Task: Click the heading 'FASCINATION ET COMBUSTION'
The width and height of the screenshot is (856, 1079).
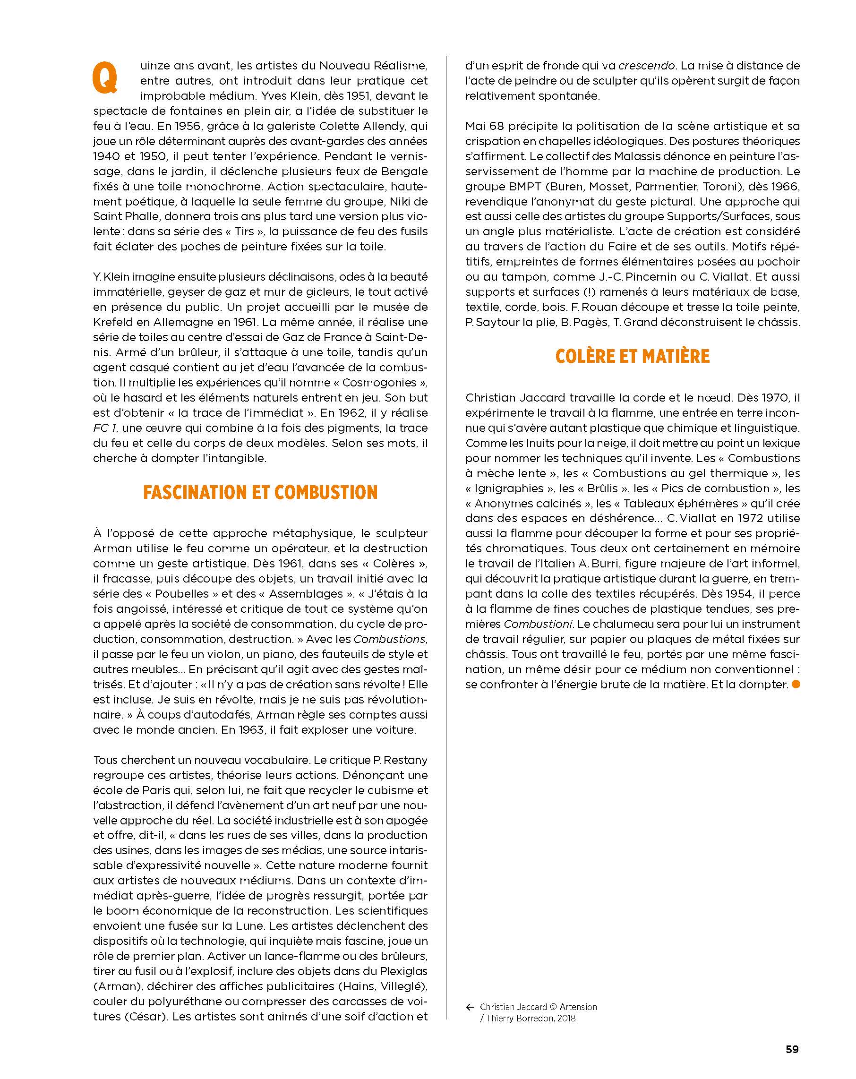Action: [x=260, y=492]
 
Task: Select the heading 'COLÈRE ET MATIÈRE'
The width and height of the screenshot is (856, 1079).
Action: [x=632, y=356]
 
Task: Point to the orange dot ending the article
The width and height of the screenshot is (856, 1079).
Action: [x=796, y=685]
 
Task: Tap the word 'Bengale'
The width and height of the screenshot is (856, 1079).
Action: [x=405, y=171]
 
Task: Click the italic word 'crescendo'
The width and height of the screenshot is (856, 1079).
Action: [x=647, y=66]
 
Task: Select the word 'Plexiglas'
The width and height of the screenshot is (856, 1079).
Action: [x=400, y=971]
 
